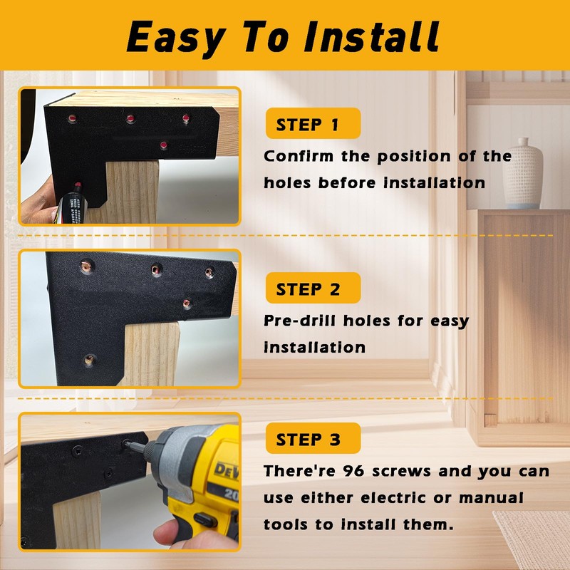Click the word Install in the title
coord(371,36)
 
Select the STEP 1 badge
coord(313,123)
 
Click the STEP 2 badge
coord(313,288)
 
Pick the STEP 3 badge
coord(313,438)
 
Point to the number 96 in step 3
coord(353,471)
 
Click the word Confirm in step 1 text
coord(299,156)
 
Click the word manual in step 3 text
coord(491,497)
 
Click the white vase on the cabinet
coord(524,174)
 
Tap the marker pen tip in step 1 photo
coord(78,186)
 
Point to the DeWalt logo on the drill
coord(226,471)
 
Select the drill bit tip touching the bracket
coord(128,444)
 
